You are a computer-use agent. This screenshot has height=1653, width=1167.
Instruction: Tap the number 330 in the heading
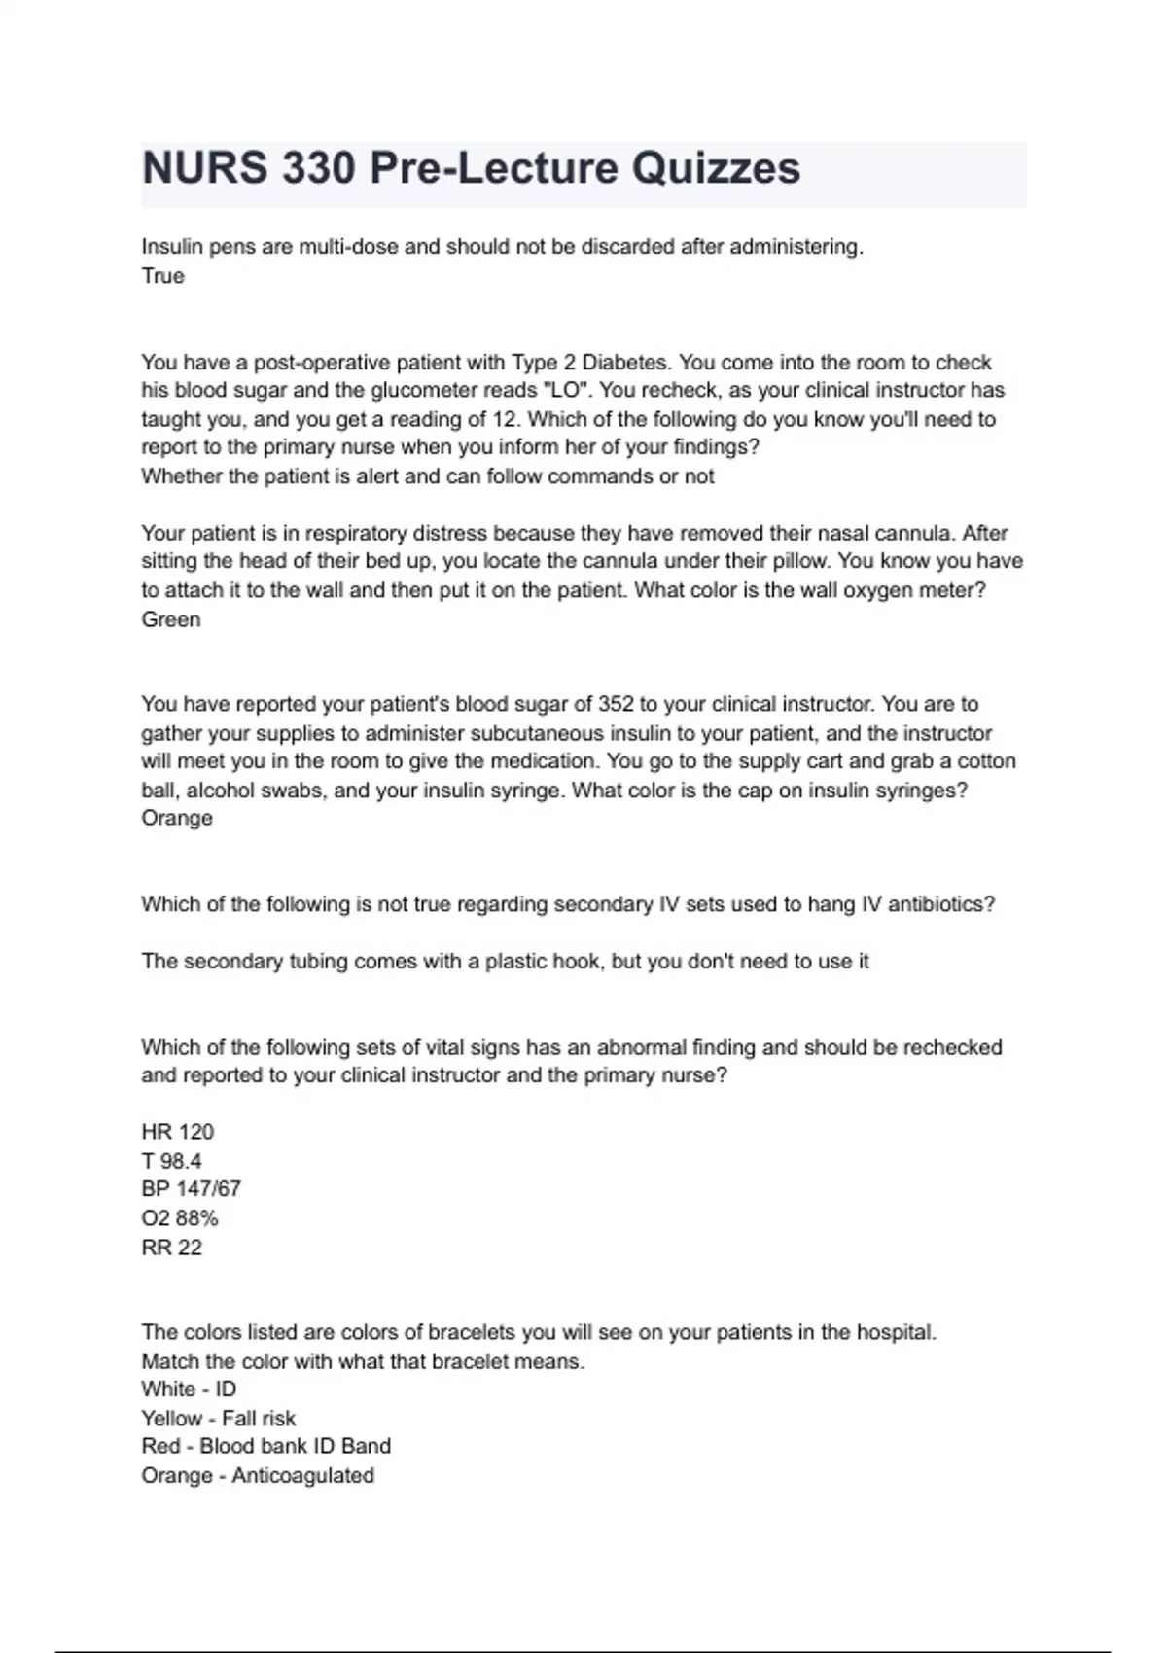(319, 168)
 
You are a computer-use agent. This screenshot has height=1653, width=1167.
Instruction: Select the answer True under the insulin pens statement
(162, 276)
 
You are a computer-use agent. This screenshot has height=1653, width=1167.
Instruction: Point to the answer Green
(171, 619)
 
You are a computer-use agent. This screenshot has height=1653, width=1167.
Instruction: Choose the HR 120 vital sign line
(177, 1132)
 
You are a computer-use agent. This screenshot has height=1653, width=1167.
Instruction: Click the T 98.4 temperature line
(171, 1161)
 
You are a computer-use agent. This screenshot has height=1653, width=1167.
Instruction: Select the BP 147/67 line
(191, 1189)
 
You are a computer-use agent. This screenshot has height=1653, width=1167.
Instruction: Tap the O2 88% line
(179, 1218)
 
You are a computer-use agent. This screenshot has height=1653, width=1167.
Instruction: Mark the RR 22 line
(171, 1248)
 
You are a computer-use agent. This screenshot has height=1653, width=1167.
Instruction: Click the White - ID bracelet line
(189, 1389)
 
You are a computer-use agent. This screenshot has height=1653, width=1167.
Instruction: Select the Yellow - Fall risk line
(218, 1419)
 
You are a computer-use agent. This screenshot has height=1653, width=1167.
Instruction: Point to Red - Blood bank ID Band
(265, 1447)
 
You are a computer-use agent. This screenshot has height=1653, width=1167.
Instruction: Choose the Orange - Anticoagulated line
(258, 1476)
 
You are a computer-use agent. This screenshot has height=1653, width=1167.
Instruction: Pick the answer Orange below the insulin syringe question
(177, 818)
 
